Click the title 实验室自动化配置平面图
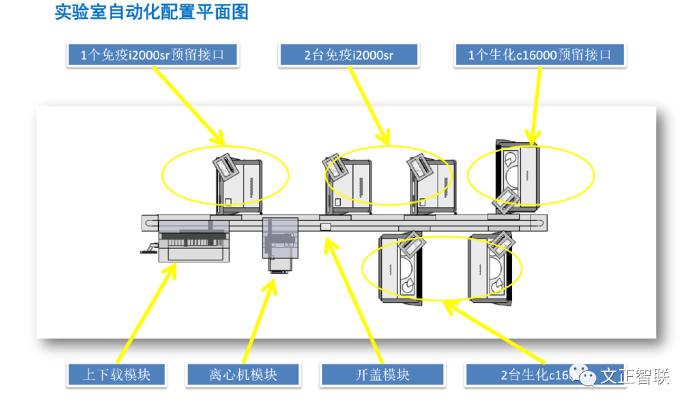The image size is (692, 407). [151, 13]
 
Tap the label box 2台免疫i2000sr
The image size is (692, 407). [349, 55]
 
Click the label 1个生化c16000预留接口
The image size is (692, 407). [540, 55]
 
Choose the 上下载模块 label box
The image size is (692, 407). [116, 374]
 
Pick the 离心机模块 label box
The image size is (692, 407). [243, 374]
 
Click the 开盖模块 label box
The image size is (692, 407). [382, 374]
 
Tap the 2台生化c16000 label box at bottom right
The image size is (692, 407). [519, 374]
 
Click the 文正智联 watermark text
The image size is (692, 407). [634, 376]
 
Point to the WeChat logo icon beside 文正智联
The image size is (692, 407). [582, 376]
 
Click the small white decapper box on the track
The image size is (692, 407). [325, 226]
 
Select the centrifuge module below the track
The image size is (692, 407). [281, 244]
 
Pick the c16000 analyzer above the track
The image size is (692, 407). [517, 173]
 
